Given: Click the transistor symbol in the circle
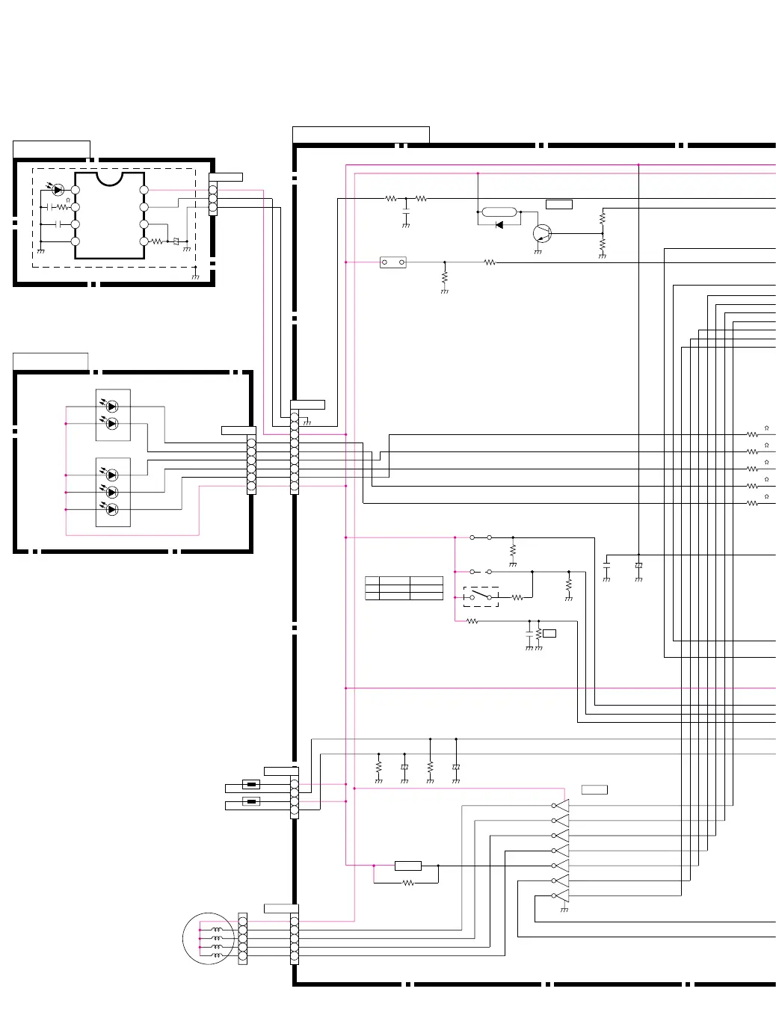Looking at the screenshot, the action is [542, 233].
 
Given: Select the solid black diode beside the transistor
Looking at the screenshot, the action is [499, 225].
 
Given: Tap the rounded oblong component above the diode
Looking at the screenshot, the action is [499, 212].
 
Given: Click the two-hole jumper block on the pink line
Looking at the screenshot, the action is [392, 262].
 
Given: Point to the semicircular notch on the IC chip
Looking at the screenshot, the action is [109, 179].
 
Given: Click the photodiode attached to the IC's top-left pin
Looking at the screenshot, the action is [58, 190].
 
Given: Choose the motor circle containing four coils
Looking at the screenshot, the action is [209, 939].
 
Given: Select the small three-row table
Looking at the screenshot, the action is [404, 588].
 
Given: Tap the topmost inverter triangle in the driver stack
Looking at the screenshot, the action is [561, 806].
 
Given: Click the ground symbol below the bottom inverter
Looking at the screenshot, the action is [564, 910].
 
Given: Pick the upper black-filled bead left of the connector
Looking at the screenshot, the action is [251, 784].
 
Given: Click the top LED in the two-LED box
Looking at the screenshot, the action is [111, 406].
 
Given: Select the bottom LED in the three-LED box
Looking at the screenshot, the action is [111, 509].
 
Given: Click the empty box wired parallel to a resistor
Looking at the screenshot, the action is [407, 866].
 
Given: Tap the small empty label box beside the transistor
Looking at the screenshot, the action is [558, 204].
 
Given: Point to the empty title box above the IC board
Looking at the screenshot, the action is [51, 149].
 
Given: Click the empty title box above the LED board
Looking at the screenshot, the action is [50, 361].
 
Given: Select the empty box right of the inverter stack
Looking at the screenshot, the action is [594, 790].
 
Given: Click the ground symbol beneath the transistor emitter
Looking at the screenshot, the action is [538, 252].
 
